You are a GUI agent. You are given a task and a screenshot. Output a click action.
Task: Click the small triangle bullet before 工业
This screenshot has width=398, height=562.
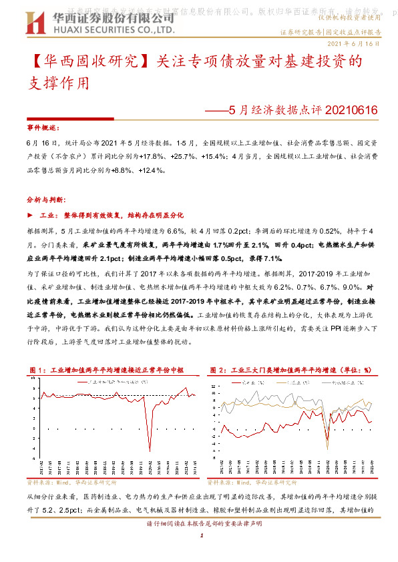(29, 216)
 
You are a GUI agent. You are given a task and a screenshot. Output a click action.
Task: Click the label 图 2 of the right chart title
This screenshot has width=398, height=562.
(218, 369)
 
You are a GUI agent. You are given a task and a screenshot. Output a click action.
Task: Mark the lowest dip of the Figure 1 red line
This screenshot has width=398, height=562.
(150, 451)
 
